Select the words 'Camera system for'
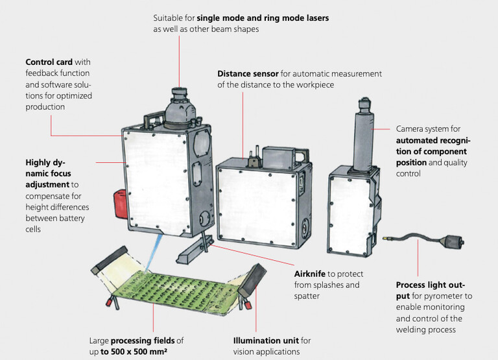(428, 128)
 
